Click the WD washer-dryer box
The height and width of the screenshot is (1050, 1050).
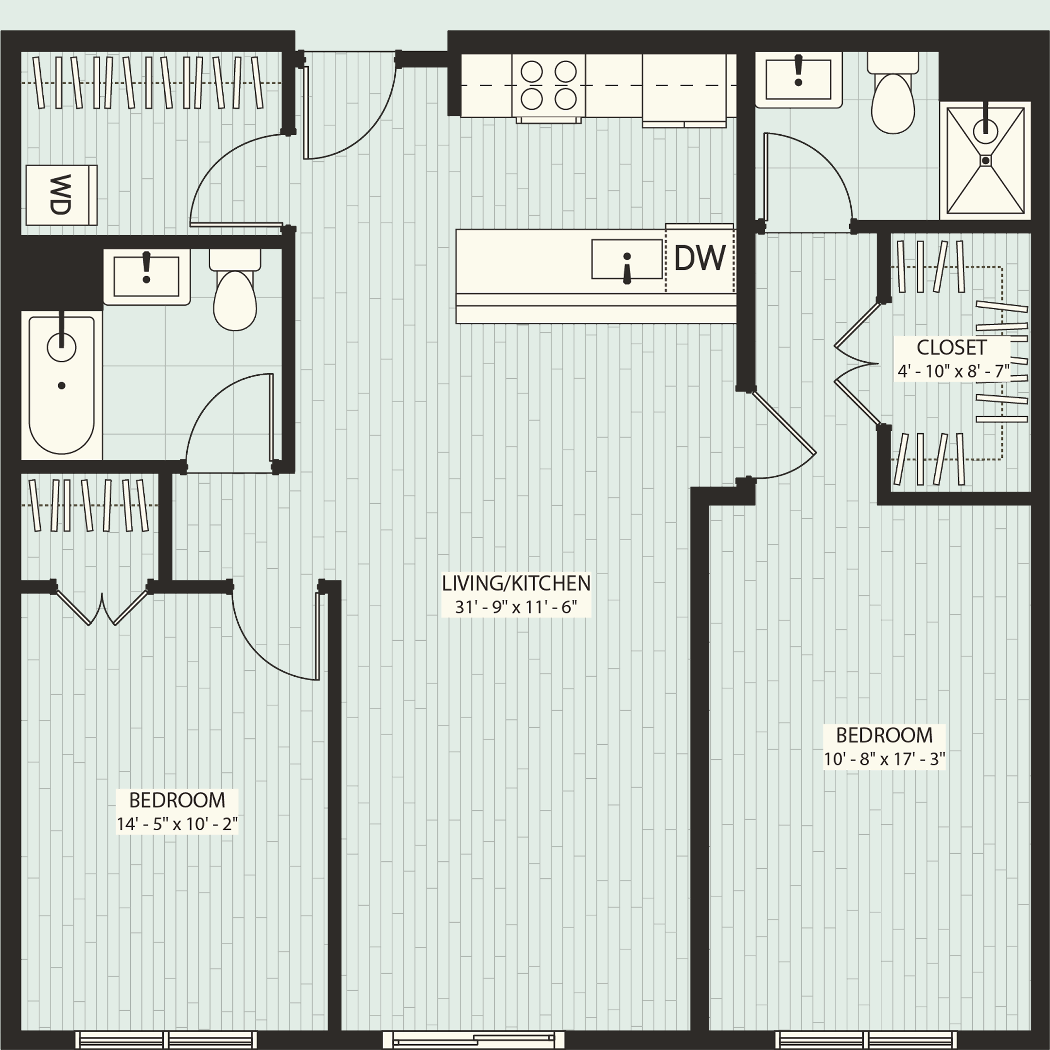tap(61, 195)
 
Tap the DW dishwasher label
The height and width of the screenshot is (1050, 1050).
tap(700, 258)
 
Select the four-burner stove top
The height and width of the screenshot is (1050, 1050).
tap(548, 86)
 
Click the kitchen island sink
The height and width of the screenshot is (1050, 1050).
tap(626, 259)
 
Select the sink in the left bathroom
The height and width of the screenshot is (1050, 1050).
tap(146, 277)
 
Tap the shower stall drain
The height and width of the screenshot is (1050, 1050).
tap(985, 160)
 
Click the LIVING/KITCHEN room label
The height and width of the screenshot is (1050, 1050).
tap(516, 584)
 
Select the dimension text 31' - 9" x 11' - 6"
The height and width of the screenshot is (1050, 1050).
tap(516, 607)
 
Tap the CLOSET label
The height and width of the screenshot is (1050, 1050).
tap(952, 347)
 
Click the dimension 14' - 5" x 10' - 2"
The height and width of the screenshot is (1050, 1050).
tap(177, 824)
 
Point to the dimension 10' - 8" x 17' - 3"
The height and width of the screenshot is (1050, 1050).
tap(884, 759)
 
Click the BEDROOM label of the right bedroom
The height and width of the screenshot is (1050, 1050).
tap(884, 736)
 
